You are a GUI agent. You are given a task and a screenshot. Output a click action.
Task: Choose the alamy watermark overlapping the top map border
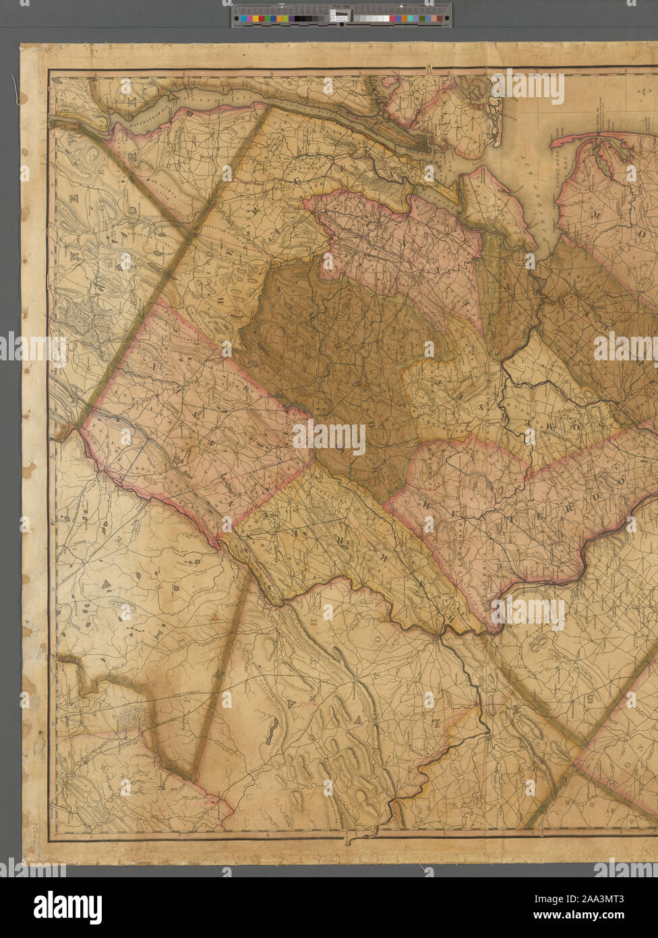tap(528, 86)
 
